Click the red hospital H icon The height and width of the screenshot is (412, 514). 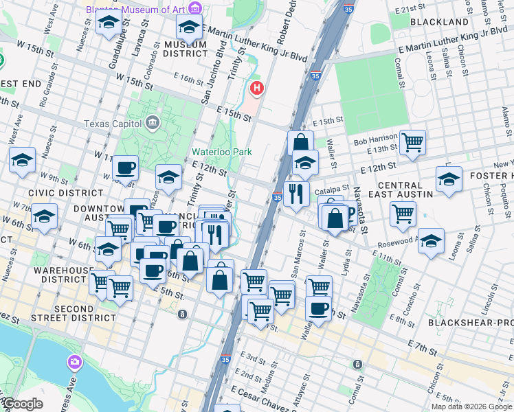click(257, 89)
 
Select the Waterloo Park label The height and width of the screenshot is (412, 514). click(221, 152)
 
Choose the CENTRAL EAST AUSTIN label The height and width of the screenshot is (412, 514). click(395, 190)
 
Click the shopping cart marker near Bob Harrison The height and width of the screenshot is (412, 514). click(412, 142)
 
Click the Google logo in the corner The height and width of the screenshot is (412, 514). click(23, 404)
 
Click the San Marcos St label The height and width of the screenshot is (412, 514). click(300, 249)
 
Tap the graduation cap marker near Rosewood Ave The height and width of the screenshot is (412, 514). click(431, 241)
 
